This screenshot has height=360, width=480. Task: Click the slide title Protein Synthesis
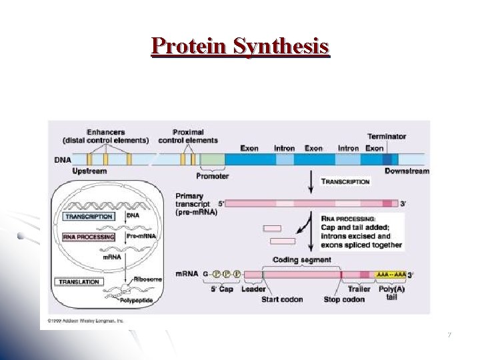click(240, 45)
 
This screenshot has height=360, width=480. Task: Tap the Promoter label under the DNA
click(213, 176)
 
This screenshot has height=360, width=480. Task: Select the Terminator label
click(386, 136)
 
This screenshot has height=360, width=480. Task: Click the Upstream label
click(89, 171)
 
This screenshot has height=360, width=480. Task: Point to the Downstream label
click(407, 171)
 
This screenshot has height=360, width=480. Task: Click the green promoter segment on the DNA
click(213, 159)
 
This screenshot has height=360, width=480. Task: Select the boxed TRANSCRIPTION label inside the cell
click(89, 217)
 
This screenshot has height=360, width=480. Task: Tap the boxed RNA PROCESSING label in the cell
click(89, 237)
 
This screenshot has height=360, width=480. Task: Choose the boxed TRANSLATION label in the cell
click(79, 282)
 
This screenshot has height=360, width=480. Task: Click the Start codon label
click(282, 299)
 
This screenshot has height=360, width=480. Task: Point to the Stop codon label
click(344, 299)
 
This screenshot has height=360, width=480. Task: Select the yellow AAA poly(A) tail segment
click(391, 274)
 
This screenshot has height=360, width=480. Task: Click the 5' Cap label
click(221, 289)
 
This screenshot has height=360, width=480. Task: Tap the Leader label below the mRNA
click(253, 289)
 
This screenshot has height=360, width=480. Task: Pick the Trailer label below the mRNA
click(359, 289)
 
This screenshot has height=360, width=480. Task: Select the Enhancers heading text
click(105, 131)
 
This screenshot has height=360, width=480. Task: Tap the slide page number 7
click(449, 335)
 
